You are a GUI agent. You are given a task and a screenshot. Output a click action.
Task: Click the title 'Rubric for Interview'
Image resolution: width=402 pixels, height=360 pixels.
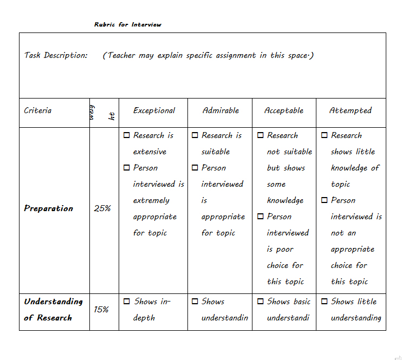pyautogui.click(x=127, y=24)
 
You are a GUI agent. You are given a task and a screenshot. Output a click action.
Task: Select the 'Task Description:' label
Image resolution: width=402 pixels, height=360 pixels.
pyautogui.click(x=55, y=55)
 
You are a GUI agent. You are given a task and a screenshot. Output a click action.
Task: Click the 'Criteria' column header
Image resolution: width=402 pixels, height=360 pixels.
pyautogui.click(x=38, y=110)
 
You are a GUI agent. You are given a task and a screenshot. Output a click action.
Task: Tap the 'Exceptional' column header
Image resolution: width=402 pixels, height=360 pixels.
pyautogui.click(x=154, y=110)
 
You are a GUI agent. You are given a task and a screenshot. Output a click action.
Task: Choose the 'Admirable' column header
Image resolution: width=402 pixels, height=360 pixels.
pyautogui.click(x=221, y=110)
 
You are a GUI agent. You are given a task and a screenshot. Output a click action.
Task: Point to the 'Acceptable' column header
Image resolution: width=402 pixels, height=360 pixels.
pyautogui.click(x=284, y=110)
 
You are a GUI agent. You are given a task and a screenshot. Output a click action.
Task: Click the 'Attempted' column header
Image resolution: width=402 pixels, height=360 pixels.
pyautogui.click(x=351, y=110)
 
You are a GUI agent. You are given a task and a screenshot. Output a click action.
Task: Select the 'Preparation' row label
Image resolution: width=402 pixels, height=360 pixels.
pyautogui.click(x=48, y=208)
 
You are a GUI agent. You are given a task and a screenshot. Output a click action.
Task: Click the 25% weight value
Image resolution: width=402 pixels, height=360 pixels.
pyautogui.click(x=102, y=208)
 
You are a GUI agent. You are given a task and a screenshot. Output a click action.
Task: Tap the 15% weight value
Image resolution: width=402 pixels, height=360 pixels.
pyautogui.click(x=101, y=310)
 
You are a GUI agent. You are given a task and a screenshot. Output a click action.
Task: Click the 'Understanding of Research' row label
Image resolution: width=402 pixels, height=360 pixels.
pyautogui.click(x=53, y=310)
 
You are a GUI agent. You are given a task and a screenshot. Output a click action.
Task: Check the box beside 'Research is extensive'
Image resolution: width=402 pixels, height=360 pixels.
pyautogui.click(x=127, y=135)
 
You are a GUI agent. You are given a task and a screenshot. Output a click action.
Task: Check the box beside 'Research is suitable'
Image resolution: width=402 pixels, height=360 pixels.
pyautogui.click(x=195, y=135)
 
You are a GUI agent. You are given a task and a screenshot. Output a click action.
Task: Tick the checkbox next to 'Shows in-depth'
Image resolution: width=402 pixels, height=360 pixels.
pyautogui.click(x=127, y=302)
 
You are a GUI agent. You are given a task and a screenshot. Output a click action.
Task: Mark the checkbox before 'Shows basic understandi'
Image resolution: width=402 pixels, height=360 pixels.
pyautogui.click(x=261, y=302)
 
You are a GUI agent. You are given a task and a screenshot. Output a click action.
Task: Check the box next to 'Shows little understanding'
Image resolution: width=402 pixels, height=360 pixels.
pyautogui.click(x=325, y=302)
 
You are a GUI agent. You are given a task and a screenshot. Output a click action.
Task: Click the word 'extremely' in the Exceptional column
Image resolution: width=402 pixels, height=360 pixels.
pyautogui.click(x=151, y=200)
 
